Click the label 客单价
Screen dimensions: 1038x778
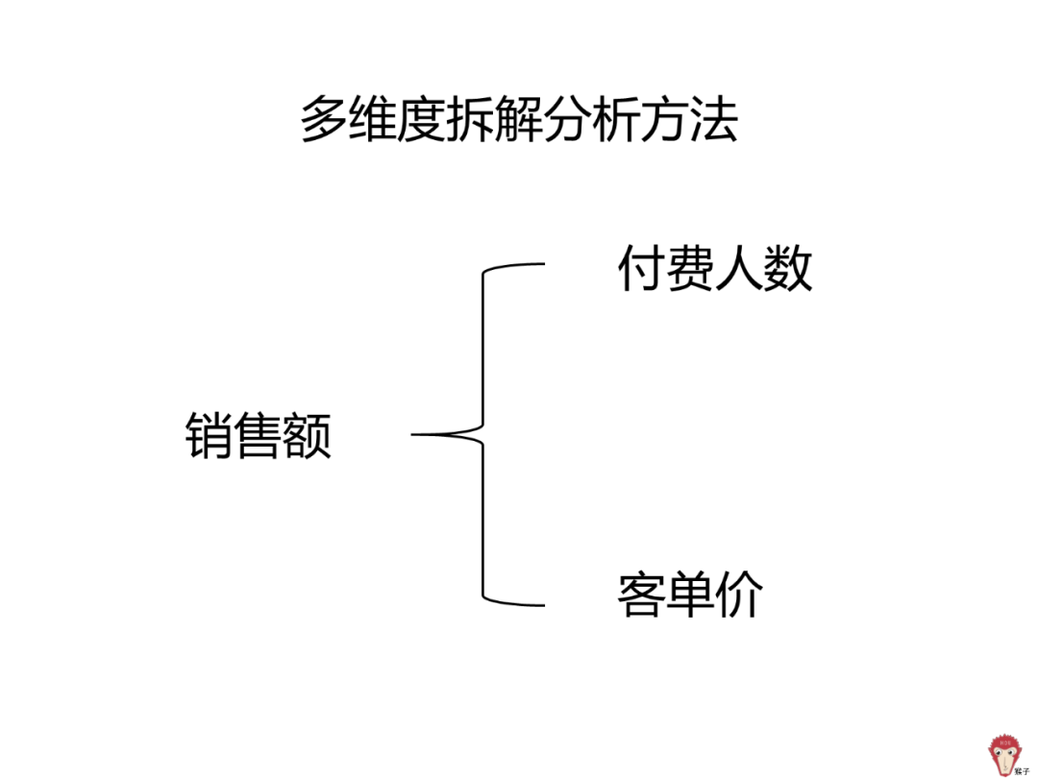click(x=690, y=596)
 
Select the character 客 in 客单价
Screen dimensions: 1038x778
click(x=641, y=596)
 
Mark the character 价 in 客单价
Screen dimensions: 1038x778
click(x=739, y=596)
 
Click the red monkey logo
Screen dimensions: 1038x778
click(x=1006, y=754)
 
